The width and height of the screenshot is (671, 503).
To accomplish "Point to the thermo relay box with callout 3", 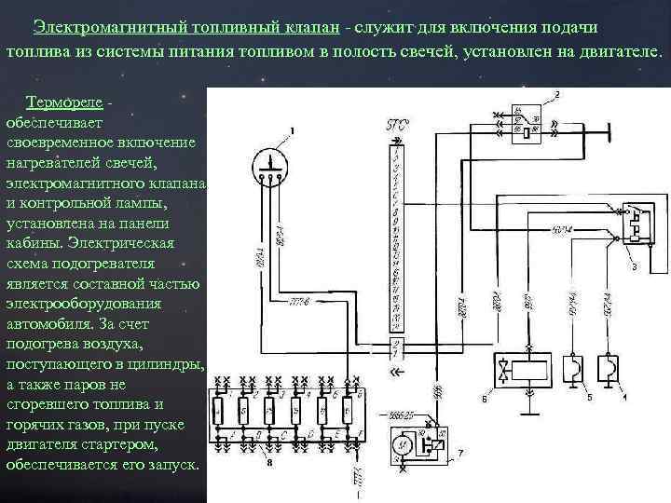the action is click(x=629, y=223).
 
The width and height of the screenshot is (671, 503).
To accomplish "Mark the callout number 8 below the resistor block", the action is click(x=270, y=460).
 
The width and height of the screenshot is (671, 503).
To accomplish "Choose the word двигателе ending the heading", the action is click(x=621, y=49).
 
